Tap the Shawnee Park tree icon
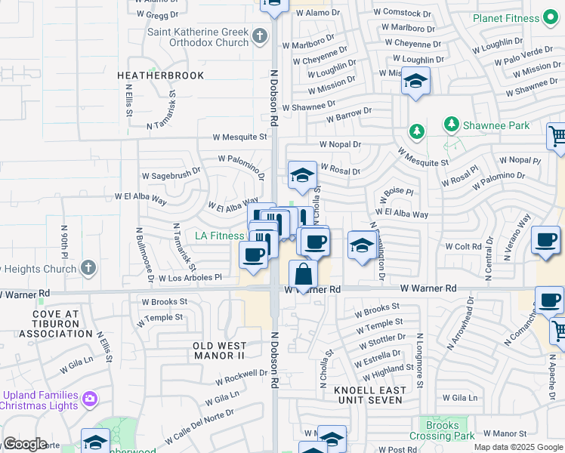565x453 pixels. coord(452,123)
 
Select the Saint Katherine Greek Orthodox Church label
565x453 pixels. coord(198,37)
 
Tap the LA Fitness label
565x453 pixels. coord(220,236)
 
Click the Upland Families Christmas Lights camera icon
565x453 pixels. coord(90,397)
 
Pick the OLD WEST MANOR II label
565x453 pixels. coord(219,350)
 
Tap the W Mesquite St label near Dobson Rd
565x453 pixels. coord(240,137)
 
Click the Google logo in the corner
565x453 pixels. coord(25,444)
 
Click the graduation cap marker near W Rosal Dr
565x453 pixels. coord(302,176)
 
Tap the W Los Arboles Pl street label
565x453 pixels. coord(190,277)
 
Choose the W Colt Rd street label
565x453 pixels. coord(463,247)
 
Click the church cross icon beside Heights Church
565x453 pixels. coord(88,267)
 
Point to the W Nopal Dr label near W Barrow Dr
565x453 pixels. coord(340,144)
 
